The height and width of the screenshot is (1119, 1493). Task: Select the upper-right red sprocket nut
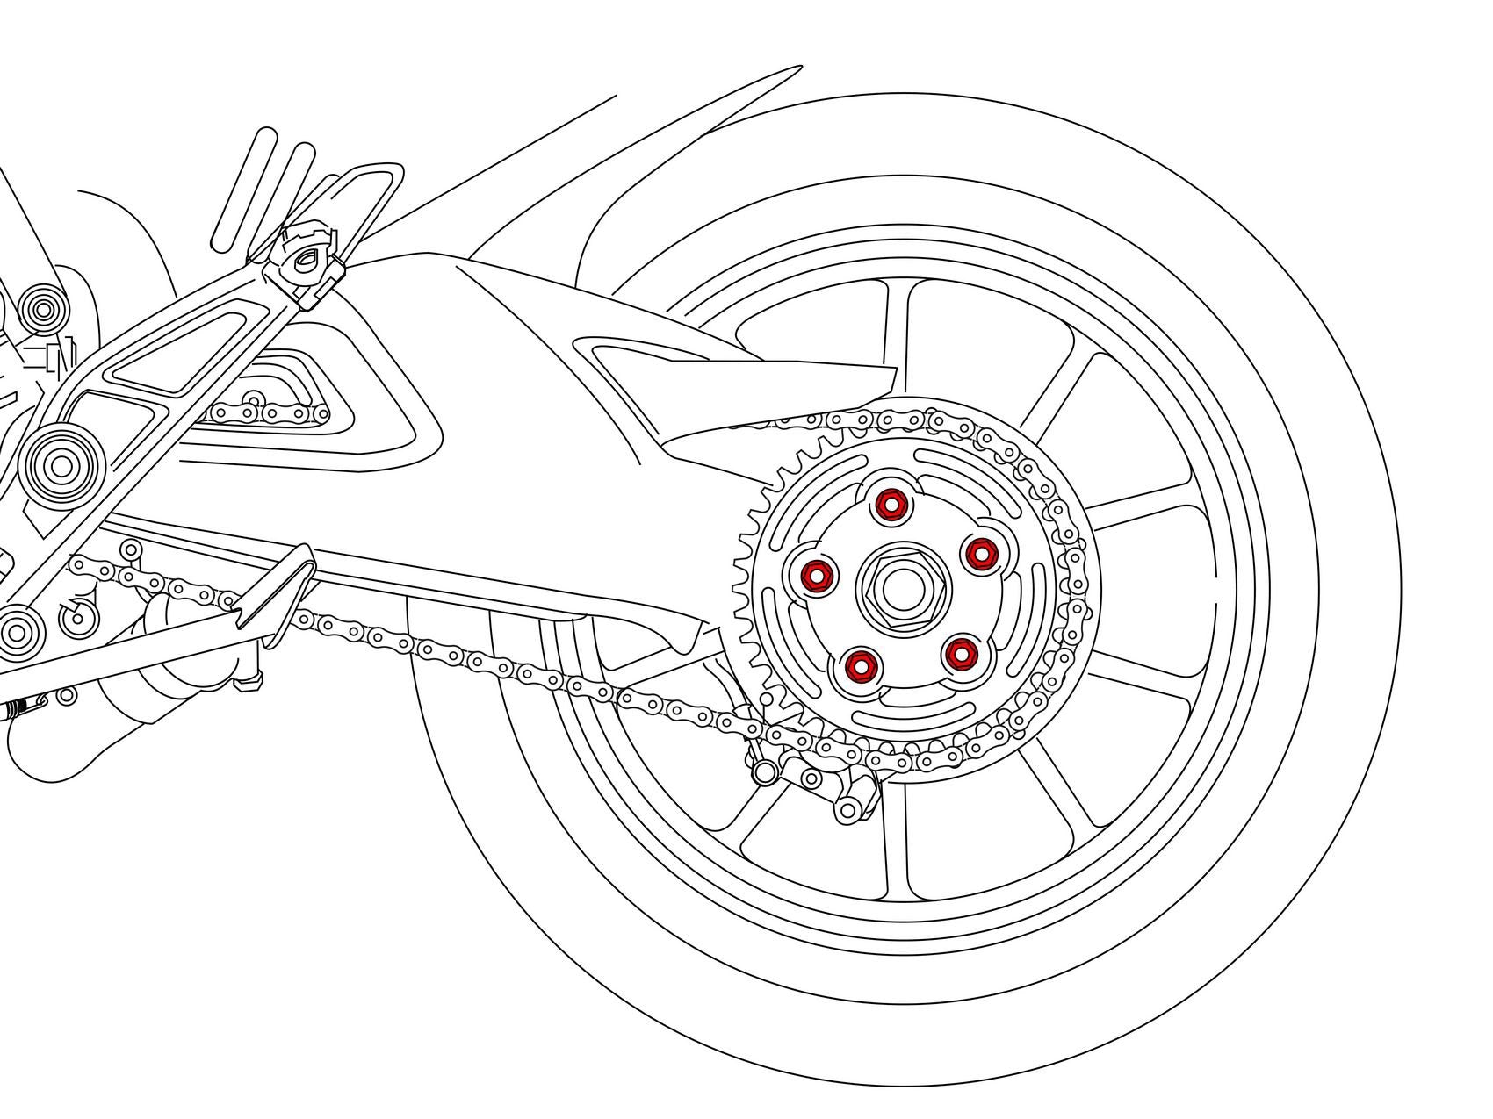click(979, 553)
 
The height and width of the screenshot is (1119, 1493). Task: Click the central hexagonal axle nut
click(895, 585)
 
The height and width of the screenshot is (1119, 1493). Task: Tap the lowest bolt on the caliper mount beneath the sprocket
click(850, 808)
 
